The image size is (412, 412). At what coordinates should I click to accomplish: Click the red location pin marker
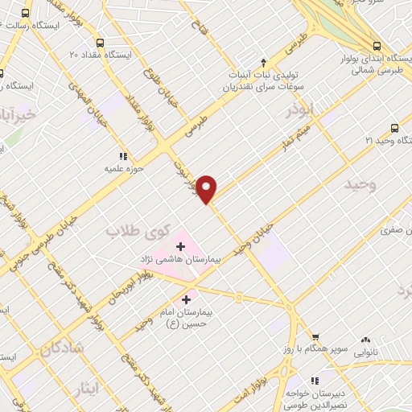[207, 188]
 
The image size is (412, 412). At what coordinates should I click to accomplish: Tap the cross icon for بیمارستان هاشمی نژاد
[181, 245]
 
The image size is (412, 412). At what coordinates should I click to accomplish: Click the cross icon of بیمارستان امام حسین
[186, 299]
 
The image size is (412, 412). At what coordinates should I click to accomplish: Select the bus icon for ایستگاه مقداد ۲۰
[99, 43]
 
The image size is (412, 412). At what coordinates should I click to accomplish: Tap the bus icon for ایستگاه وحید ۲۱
[394, 127]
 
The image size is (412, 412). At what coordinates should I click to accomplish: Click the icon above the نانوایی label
[366, 341]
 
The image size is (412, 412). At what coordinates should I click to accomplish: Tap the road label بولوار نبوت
[183, 175]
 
